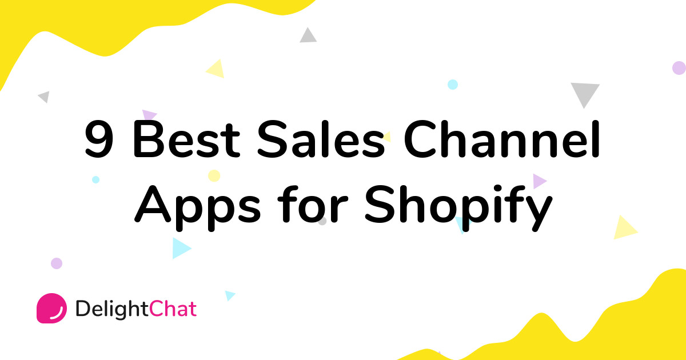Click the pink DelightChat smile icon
pos(51,308)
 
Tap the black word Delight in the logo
pos(112,309)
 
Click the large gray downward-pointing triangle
pos(585,93)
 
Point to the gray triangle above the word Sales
pos(308,35)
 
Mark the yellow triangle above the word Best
pos(216,69)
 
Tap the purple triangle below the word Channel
pos(539,181)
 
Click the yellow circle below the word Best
pos(214,175)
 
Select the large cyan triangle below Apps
pos(180,247)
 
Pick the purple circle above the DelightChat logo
pos(56,263)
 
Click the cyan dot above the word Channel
pos(453,85)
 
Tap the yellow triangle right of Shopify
pos(624,228)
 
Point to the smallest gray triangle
pos(45,97)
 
